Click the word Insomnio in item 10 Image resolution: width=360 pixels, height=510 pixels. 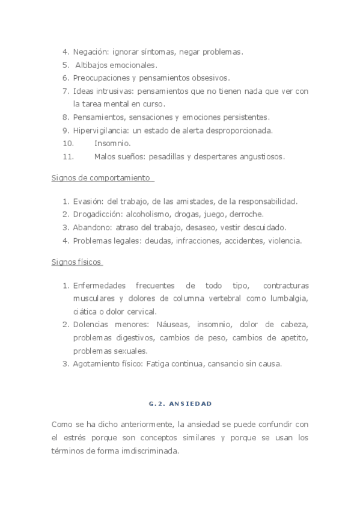pyautogui.click(x=112, y=144)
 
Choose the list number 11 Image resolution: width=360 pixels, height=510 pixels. pyautogui.click(x=68, y=157)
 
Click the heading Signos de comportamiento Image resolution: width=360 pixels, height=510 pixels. pyautogui.click(x=101, y=179)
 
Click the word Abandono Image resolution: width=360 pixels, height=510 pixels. pyautogui.click(x=91, y=227)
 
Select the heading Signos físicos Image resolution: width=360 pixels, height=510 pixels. pyautogui.click(x=76, y=262)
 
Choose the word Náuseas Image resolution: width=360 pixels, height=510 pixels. pyautogui.click(x=172, y=325)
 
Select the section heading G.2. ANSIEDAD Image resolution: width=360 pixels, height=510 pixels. pyautogui.click(x=180, y=402)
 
